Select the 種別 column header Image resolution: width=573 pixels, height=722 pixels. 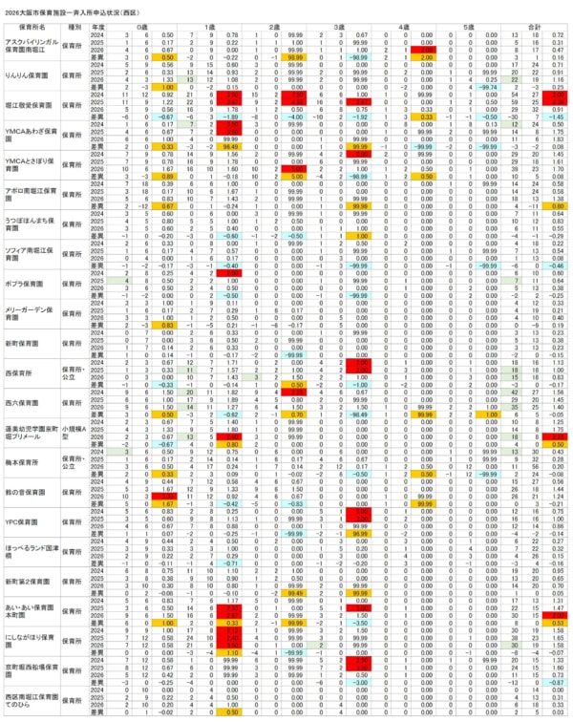click(74, 29)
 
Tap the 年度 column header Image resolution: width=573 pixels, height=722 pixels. click(97, 29)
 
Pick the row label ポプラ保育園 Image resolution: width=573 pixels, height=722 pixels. click(25, 284)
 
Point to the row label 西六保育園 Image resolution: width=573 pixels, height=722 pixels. click(25, 403)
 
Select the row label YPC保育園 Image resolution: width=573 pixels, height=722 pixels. click(24, 521)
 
